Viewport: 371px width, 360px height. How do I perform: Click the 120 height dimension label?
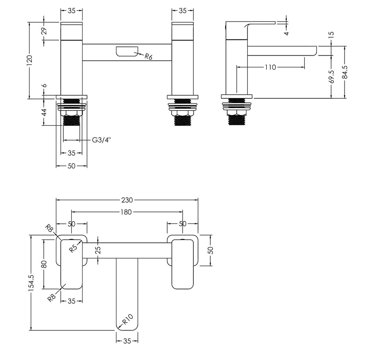[x=30, y=60]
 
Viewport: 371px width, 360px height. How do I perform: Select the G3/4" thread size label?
[x=101, y=140]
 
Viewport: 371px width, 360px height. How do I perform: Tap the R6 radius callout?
[x=148, y=56]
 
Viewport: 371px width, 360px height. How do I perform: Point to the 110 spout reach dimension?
[x=270, y=67]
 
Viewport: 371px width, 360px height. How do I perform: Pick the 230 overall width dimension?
[x=127, y=200]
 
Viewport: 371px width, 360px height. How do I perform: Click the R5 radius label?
[x=73, y=248]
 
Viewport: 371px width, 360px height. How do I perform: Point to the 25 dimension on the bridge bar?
[x=98, y=250]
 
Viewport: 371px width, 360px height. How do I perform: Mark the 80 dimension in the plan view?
[x=44, y=264]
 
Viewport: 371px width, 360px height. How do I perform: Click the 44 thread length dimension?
[x=44, y=112]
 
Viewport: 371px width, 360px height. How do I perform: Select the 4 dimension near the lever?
[x=286, y=32]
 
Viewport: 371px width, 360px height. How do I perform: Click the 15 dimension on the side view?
[x=332, y=34]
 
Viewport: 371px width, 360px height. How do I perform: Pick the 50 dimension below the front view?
[x=72, y=166]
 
